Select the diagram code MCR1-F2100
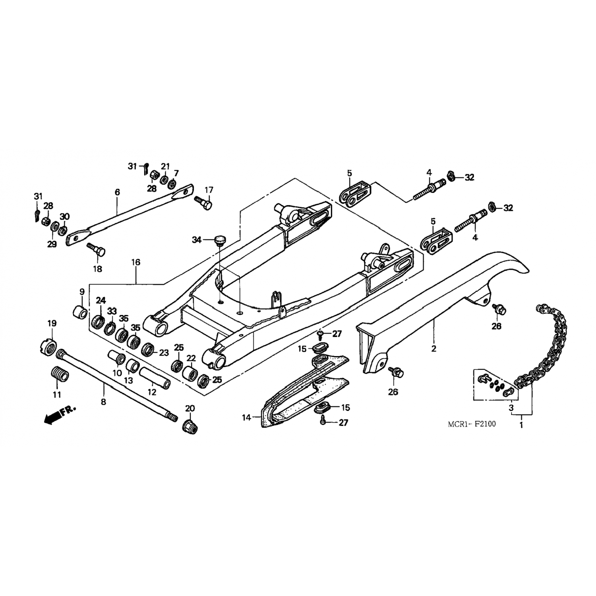point(472,424)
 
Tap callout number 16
point(136,262)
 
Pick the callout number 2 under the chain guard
point(434,349)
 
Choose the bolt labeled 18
point(96,249)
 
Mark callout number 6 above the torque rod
point(117,192)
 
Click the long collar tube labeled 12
point(155,378)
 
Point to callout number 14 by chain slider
point(247,417)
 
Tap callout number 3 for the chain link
point(511,408)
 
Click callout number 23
point(164,352)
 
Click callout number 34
point(197,240)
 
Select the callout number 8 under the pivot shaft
point(104,402)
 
